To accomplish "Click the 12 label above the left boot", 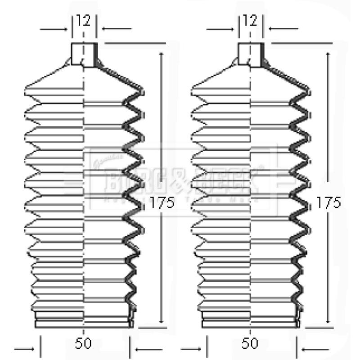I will pos(84,21).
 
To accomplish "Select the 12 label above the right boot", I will pos(251,21).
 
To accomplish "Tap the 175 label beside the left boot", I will pos(162,203).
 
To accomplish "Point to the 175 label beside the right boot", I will pos(328,203).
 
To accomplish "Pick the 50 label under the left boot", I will pos(84,343).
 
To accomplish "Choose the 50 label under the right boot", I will pos(251,343).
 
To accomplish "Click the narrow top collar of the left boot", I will pos(84,55).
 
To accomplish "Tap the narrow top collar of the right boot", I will pos(250,55).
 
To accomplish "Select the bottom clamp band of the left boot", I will pos(84,322).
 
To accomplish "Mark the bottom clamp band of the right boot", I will pos(250,322).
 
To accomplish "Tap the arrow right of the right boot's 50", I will pos(315,349).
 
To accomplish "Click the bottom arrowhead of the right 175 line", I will pos(328,320).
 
